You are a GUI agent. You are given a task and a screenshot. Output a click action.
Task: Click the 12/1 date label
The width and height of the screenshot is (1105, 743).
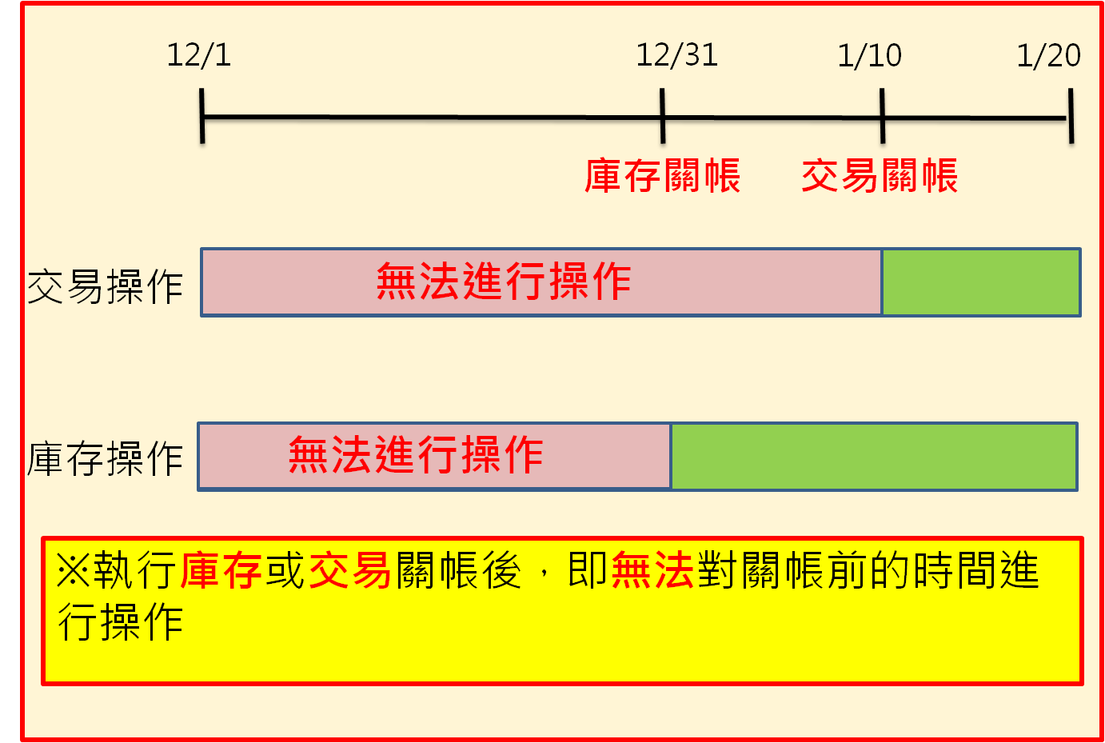[198, 55]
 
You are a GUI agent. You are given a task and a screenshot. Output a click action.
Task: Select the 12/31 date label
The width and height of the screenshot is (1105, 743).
[676, 55]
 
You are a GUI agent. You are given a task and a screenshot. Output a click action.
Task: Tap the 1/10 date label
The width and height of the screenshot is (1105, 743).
[869, 55]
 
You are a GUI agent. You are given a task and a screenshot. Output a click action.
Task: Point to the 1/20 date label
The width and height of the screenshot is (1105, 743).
[1048, 55]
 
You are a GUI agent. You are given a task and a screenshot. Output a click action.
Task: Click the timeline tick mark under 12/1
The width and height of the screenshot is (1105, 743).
[202, 117]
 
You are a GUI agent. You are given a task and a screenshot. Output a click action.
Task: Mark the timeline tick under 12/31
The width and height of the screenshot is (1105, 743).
[663, 117]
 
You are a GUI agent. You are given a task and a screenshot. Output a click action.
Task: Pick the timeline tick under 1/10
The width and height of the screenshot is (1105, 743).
[882, 117]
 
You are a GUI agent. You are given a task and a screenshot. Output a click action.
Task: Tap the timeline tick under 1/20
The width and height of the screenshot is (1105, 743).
[1071, 117]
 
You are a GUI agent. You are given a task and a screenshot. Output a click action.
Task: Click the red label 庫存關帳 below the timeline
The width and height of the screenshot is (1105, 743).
[662, 176]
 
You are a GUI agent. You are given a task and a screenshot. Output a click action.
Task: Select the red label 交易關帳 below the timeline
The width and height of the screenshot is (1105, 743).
[879, 176]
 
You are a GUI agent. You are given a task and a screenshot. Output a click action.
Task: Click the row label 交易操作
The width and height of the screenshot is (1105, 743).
[106, 286]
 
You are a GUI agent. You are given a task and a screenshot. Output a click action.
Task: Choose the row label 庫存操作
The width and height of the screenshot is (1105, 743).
[106, 458]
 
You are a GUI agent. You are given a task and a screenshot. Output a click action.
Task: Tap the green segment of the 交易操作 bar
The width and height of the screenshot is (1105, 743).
[981, 282]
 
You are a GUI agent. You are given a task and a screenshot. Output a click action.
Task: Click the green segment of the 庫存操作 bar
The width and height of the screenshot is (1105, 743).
[873, 457]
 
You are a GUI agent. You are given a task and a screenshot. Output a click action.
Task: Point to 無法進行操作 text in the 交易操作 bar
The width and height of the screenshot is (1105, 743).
[504, 282]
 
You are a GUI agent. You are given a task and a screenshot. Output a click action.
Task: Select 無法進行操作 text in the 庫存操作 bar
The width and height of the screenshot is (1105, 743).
[416, 455]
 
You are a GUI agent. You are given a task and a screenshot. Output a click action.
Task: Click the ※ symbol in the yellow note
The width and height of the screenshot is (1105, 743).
[74, 571]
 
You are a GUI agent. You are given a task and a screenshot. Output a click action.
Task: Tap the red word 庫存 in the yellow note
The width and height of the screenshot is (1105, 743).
[221, 571]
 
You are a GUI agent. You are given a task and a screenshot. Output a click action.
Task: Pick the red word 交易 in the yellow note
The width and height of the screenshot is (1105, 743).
[349, 571]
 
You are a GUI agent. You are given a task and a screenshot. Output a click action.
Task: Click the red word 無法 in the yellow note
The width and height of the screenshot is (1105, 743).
[652, 571]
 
